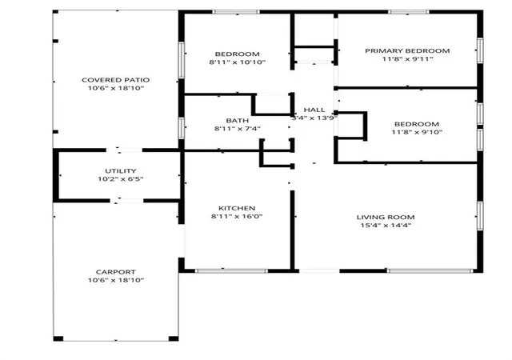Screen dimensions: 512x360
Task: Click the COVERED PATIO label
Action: pos(115,80)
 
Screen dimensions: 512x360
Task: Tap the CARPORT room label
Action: pos(115,272)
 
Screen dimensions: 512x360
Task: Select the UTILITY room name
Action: pos(121,171)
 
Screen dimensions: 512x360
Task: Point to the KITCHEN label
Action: pos(237,208)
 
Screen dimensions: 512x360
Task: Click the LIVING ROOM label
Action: pos(386,218)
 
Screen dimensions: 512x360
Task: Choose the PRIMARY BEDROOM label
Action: pos(407,51)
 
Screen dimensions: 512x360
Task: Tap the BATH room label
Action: pos(238,121)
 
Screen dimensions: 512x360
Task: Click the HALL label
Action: pos(314,110)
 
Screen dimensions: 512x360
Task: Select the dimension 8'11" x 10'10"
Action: pos(238,62)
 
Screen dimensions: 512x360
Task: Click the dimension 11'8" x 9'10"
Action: pos(417,132)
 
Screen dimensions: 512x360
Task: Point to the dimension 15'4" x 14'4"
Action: pos(386,225)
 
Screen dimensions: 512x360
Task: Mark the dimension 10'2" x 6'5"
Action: pos(121,179)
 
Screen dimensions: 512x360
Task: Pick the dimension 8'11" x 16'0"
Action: pos(237,216)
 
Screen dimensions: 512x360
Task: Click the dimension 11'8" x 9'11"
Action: pos(407,59)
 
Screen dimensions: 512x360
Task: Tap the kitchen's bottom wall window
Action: pos(231,271)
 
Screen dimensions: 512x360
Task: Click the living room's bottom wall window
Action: pos(430,271)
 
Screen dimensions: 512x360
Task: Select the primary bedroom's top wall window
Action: pos(409,12)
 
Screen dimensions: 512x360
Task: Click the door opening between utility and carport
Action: pos(126,201)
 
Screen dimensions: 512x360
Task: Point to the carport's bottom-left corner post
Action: pos(58,338)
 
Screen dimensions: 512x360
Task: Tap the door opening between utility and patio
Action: pos(124,150)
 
